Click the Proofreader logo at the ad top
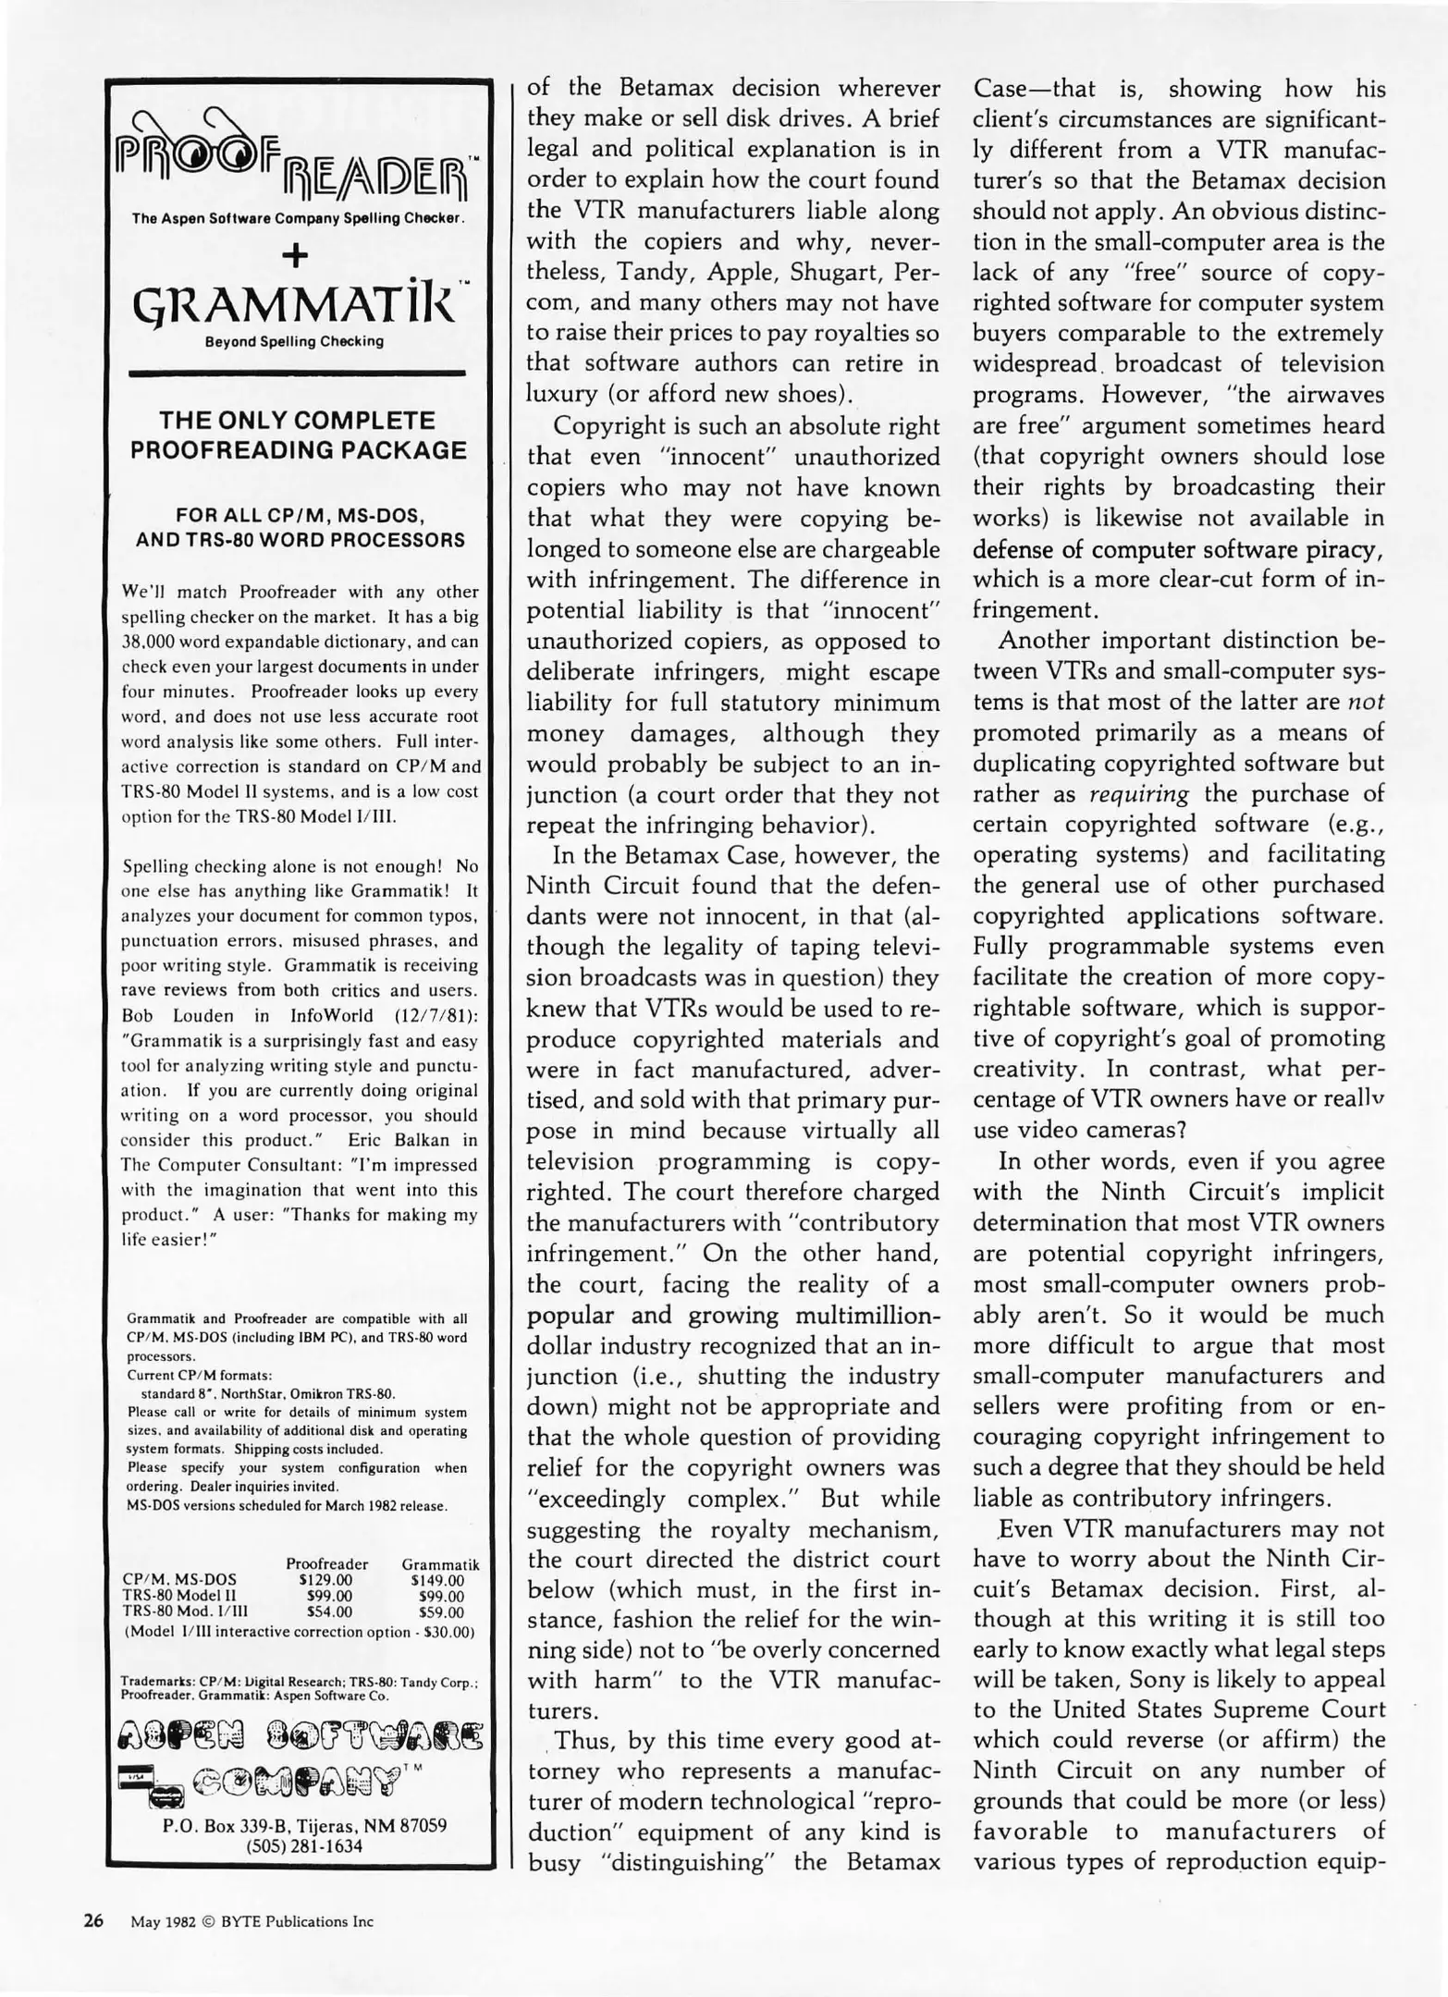click(297, 155)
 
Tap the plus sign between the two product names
click(296, 255)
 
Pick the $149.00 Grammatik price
click(437, 1580)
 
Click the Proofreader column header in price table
click(326, 1563)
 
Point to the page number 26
click(93, 1920)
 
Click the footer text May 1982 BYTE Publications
click(252, 1921)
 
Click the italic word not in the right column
click(1367, 702)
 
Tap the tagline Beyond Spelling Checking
click(295, 341)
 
